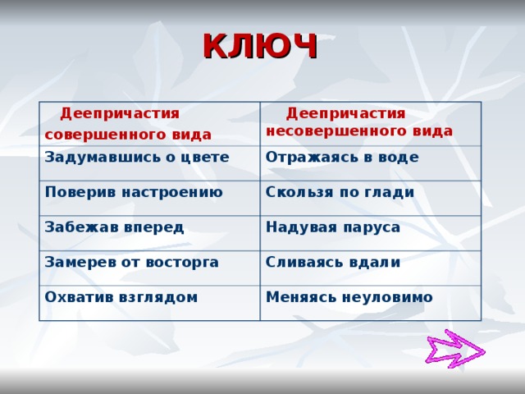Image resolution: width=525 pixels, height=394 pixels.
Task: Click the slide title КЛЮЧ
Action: (259, 47)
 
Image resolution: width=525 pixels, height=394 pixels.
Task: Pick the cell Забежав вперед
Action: (114, 227)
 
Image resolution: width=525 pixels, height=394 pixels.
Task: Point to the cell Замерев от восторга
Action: (132, 262)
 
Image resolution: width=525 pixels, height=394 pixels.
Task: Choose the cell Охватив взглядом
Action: (121, 296)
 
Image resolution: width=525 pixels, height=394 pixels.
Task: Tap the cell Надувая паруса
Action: (333, 227)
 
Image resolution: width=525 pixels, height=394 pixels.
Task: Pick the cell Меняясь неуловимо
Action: (349, 296)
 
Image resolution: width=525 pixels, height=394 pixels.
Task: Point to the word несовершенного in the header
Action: (326, 131)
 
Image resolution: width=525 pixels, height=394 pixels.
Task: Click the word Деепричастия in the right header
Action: (345, 113)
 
